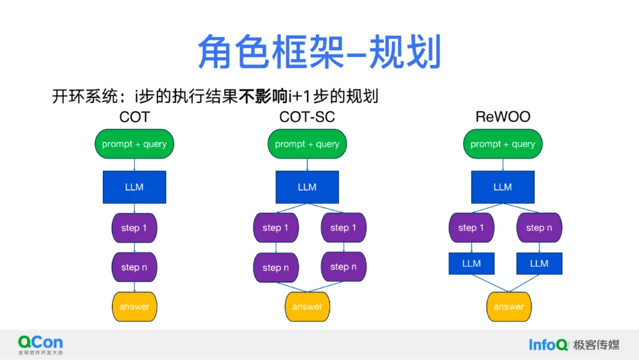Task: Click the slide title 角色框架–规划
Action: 319,52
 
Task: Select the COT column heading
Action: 134,117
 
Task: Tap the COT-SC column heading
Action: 307,117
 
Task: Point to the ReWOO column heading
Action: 502,117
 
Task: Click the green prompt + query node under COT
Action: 134,144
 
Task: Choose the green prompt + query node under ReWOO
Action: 502,144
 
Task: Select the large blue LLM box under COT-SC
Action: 307,187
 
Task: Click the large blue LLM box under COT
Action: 134,187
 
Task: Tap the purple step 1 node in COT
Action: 134,228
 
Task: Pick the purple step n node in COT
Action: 134,267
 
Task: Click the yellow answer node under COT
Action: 134,307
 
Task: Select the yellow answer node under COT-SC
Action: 307,307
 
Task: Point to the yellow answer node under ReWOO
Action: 509,307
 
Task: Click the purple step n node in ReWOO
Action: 539,228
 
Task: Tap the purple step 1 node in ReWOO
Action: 472,228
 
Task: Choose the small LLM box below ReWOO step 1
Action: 472,263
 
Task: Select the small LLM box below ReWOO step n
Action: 539,263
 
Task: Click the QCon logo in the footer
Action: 40,344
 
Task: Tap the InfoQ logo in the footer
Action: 548,345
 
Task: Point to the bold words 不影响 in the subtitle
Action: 263,96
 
